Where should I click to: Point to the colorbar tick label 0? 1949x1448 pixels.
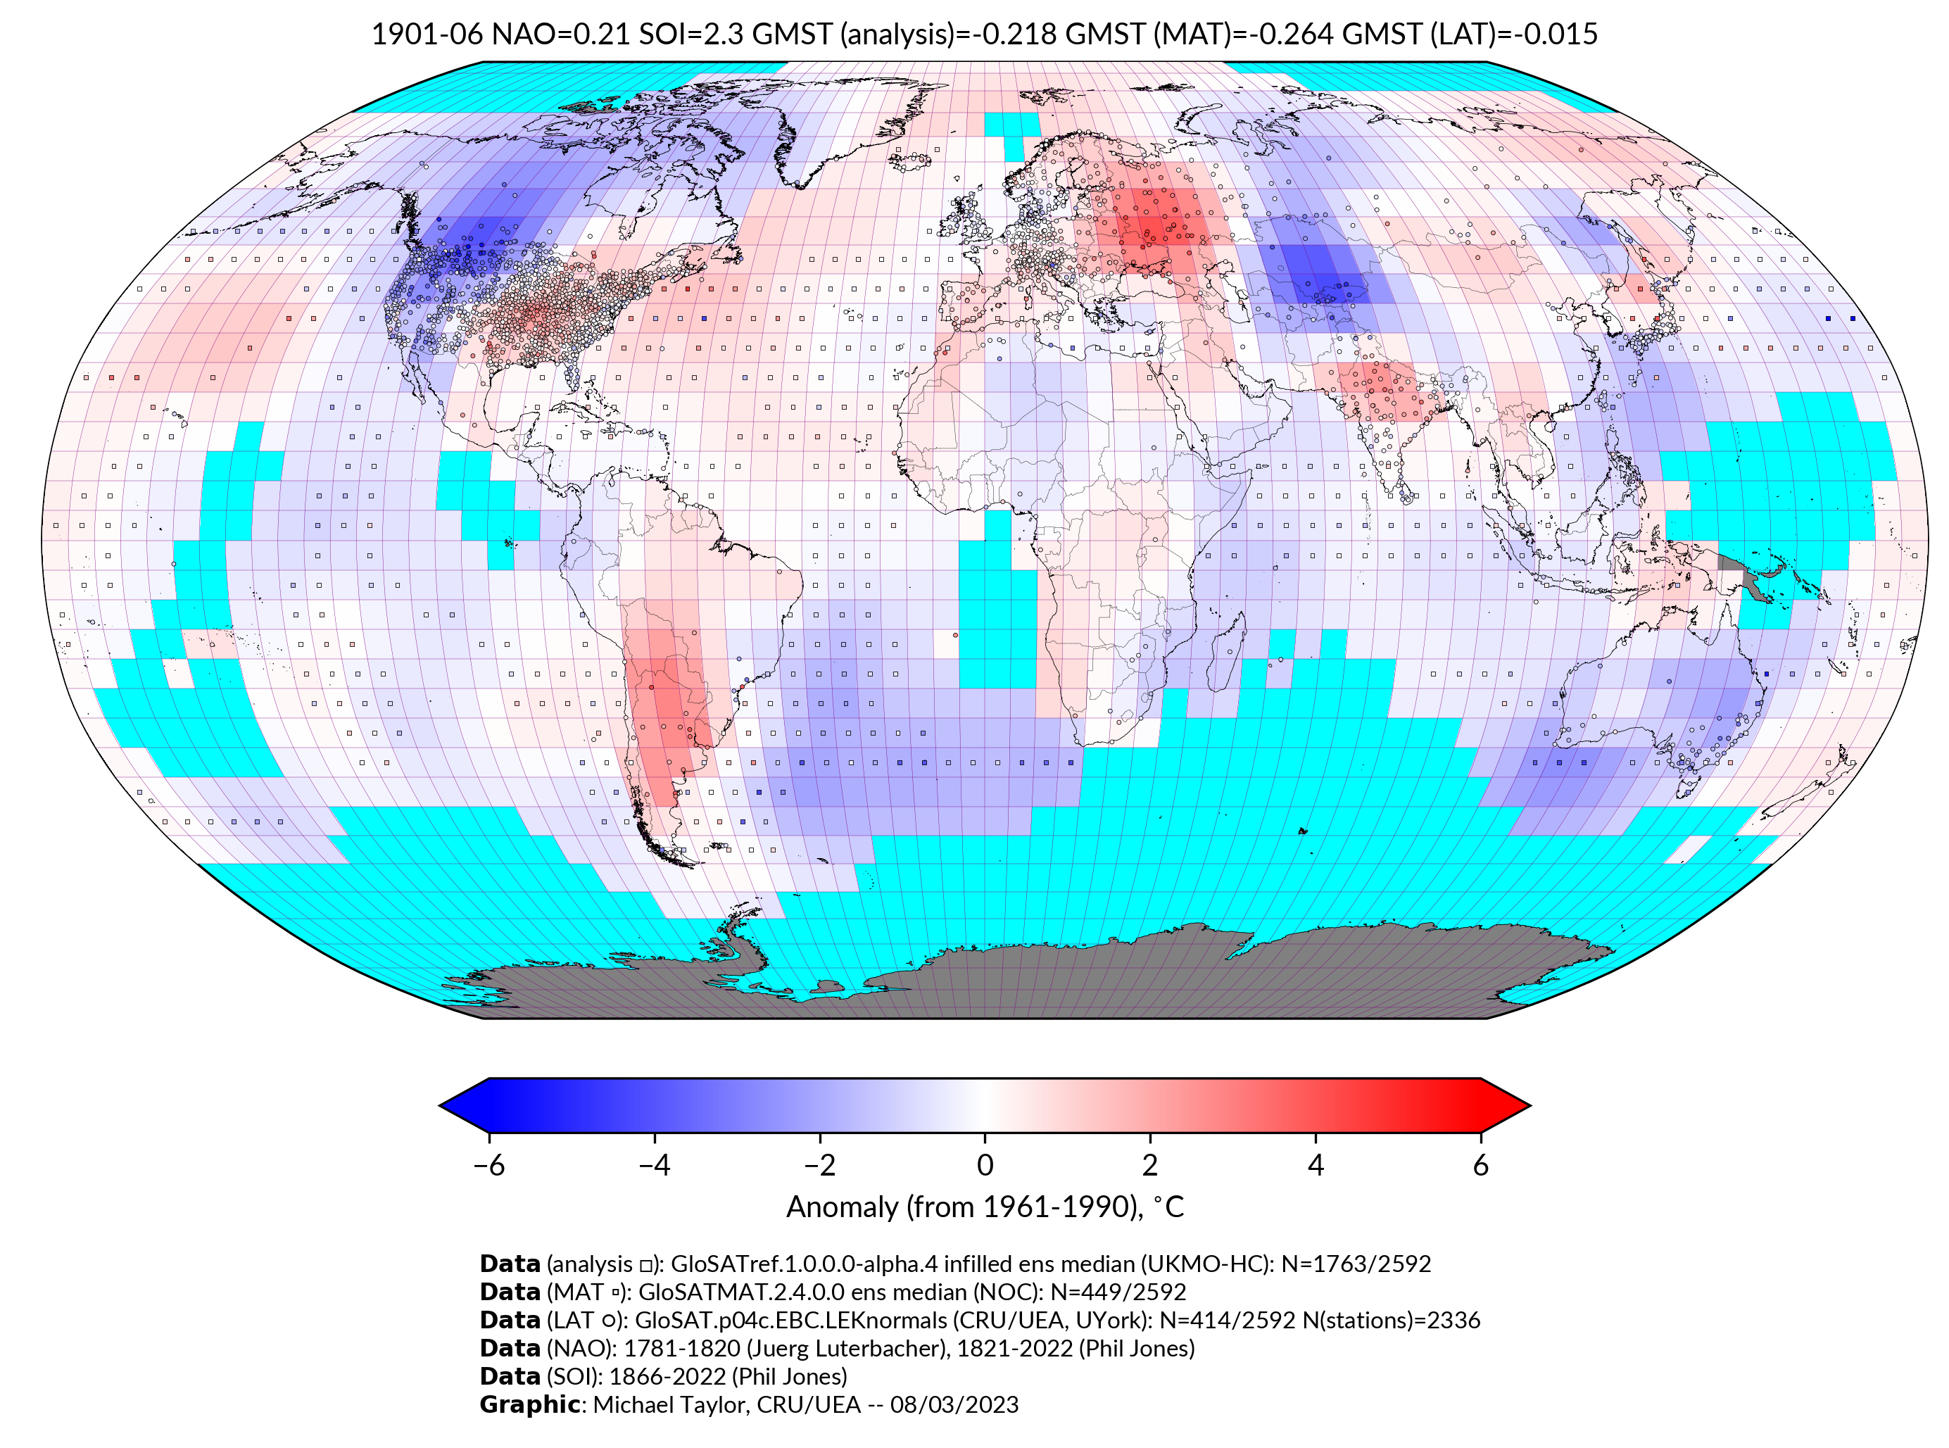tap(984, 1165)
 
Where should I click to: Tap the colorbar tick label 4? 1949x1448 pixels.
tap(1315, 1165)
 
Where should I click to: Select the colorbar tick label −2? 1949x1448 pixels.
tap(819, 1165)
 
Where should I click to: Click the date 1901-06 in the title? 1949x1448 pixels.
tap(427, 34)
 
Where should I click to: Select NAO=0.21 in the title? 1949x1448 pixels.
tap(561, 34)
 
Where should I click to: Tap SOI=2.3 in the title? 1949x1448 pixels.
tap(690, 34)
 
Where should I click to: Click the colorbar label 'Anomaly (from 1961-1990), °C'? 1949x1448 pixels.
tap(984, 1207)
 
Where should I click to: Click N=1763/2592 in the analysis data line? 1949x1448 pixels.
tap(1356, 1264)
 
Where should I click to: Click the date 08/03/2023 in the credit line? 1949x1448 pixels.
tap(954, 1404)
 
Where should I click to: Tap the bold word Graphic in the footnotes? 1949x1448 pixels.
tap(529, 1404)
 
